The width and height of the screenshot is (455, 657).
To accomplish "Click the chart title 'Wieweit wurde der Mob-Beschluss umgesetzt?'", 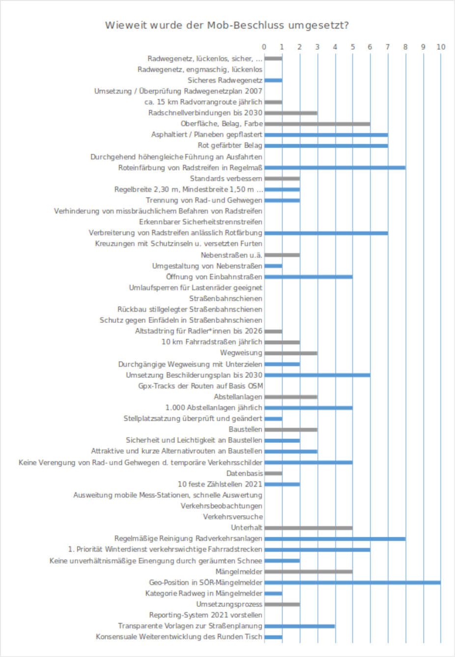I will [x=227, y=25].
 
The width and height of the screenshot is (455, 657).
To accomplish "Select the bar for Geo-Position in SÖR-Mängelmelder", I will [x=352, y=583].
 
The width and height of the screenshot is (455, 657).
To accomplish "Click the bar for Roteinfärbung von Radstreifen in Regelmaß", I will [x=335, y=168].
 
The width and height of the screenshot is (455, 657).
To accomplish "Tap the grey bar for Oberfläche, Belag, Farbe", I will [x=317, y=124].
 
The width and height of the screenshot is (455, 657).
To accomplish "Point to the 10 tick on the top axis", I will [x=441, y=47].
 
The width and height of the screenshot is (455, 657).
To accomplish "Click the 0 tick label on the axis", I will [x=264, y=47].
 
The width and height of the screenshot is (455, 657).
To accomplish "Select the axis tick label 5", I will [x=352, y=47].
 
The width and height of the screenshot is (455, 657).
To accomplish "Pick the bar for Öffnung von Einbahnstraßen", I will [x=308, y=277].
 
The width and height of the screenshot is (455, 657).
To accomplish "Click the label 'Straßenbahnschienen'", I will [x=226, y=299].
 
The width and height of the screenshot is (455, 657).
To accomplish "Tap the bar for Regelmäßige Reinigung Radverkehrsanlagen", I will [x=335, y=539].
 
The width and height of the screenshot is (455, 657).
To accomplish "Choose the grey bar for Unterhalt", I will [x=308, y=528].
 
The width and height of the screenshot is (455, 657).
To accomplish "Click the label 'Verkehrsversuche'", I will [x=233, y=517].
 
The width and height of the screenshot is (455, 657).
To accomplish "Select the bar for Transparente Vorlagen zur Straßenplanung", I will [x=299, y=626].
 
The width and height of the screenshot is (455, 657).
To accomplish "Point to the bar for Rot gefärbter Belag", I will [x=326, y=146].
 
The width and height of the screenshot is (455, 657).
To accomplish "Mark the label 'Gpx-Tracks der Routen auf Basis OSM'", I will [x=200, y=386].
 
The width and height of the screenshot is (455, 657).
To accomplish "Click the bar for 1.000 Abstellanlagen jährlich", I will [x=308, y=408].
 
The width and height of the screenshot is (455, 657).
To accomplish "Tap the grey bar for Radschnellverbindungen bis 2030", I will [x=290, y=113].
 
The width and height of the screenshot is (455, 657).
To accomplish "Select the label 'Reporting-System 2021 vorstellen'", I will [x=206, y=615].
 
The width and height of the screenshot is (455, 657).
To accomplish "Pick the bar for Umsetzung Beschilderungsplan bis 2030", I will [x=317, y=375].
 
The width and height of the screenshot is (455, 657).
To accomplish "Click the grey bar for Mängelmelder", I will [x=308, y=572].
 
